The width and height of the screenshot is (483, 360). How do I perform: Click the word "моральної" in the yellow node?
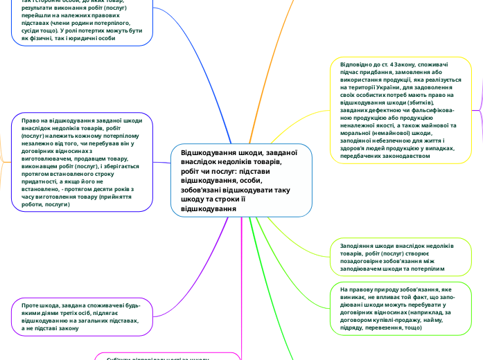tap(360, 134)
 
